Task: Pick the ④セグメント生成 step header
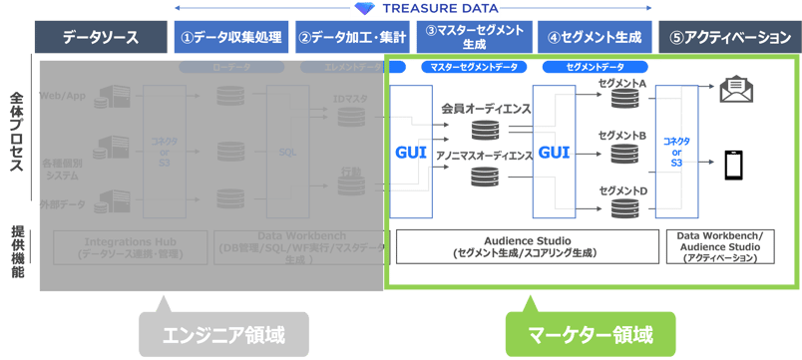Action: (x=595, y=38)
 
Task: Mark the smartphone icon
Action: (x=735, y=165)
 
